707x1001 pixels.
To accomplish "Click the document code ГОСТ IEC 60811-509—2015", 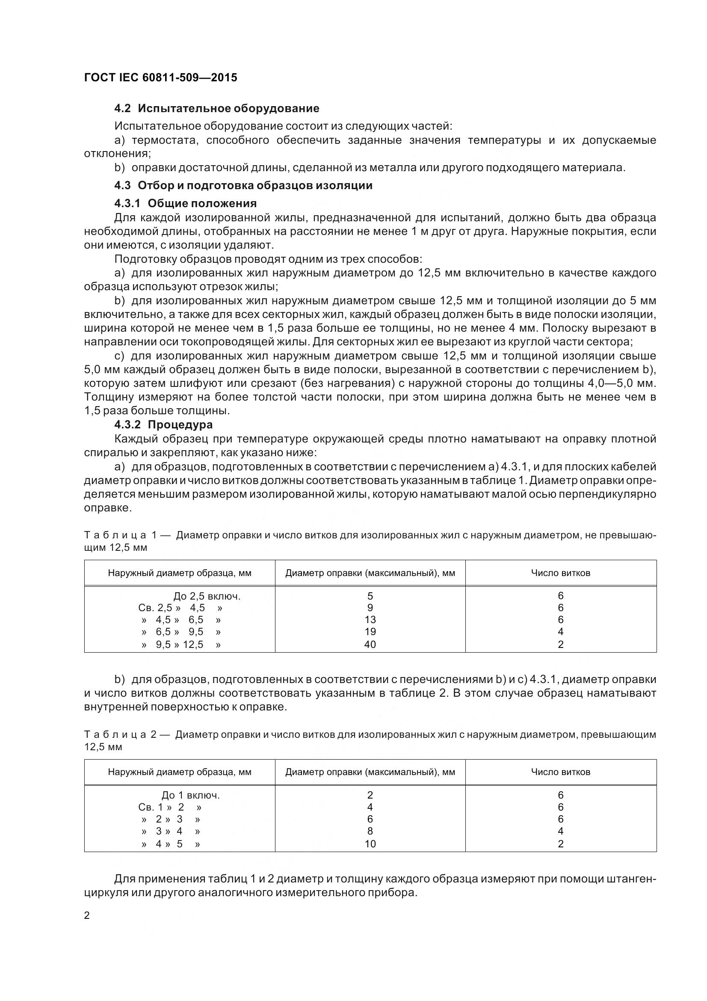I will pos(160,77).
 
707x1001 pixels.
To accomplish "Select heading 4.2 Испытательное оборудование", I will pos(216,108).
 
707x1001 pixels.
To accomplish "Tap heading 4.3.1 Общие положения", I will pos(185,203).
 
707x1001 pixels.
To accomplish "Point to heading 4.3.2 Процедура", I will pos(163,424).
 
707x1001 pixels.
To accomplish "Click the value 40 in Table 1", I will pos(370,645).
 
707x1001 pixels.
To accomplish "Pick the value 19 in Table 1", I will pos(370,632).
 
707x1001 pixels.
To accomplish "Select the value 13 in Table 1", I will pos(370,620).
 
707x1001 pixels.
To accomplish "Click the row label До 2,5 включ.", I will pos(207,596).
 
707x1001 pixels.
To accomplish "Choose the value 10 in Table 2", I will pos(370,844).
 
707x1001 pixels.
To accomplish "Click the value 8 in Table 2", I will pos(370,831).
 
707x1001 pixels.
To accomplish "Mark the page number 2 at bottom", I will pos(87,915).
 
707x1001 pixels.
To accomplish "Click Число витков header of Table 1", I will pos(560,573).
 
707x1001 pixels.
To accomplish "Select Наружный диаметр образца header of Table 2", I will pos(180,772).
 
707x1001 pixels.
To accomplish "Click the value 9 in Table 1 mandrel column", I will pos(370,608).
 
